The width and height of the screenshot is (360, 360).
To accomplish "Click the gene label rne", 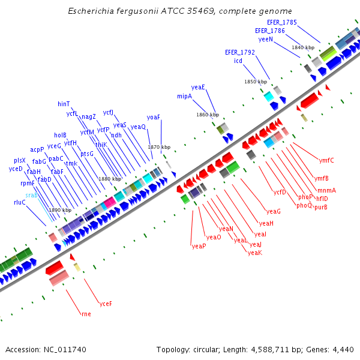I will pos(86,313).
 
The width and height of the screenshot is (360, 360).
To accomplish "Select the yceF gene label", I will pos(106,303).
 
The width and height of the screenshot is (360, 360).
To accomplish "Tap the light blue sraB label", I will pos(31,195).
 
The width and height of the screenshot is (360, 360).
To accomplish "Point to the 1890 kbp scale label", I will pos(60,210).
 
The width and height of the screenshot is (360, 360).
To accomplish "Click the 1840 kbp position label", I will pos(303,47).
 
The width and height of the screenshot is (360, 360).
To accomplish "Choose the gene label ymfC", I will pos(326,160).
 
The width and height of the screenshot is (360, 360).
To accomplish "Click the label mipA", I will pos(184,96).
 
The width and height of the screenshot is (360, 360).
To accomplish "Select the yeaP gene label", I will pos(199,246).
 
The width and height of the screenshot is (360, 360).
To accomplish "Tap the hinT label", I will pos(64,104).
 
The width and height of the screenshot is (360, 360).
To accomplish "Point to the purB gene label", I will pos(321,207).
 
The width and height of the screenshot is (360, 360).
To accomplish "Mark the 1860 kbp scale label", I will pos(208,115).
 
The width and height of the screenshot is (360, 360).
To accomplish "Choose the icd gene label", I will pos(238,61).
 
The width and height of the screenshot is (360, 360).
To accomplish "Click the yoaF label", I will pos(154,117).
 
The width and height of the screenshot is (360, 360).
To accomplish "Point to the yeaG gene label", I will pos(274,211).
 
